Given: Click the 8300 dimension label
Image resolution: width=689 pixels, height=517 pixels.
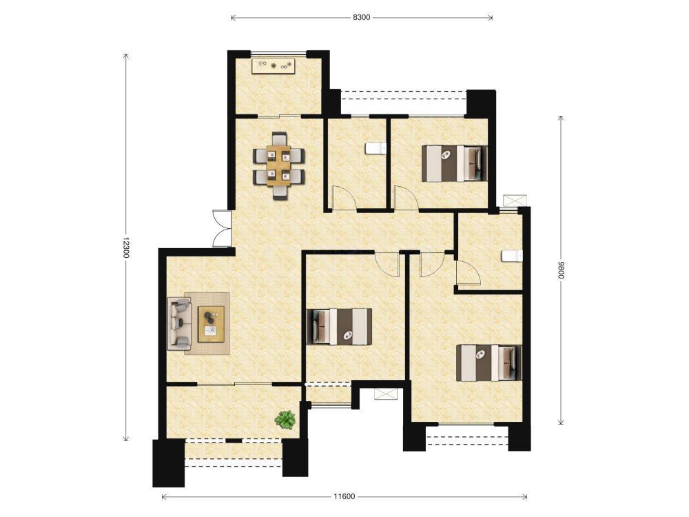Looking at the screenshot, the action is (361, 18).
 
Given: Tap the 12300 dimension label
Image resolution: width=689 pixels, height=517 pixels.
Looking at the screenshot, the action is (125, 247).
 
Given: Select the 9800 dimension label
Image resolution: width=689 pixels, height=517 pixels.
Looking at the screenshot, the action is (561, 270).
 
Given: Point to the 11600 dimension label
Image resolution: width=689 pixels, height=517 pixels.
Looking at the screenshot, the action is (344, 497).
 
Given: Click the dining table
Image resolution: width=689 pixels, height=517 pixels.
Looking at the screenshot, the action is (278, 165).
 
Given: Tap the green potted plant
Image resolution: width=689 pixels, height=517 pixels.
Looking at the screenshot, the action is (285, 420).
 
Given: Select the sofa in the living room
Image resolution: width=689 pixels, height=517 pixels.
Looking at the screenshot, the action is (179, 323).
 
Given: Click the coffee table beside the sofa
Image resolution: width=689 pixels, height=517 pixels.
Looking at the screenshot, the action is (211, 324).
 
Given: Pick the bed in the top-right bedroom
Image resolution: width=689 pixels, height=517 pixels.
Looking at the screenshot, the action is (454, 163).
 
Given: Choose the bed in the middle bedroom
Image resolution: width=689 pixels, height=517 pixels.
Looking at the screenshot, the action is (339, 326).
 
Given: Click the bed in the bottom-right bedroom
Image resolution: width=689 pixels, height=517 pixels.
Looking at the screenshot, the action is (489, 363).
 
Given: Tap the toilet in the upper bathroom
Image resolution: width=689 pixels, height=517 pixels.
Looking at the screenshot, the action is (376, 148).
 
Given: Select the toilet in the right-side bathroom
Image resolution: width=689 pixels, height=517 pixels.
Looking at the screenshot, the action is (513, 256).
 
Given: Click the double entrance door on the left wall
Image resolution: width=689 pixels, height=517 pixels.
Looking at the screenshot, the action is (222, 229).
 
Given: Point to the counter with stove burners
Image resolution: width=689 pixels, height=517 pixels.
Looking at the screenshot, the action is (274, 66).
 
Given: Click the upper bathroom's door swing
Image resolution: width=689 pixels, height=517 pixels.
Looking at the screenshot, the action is (344, 198).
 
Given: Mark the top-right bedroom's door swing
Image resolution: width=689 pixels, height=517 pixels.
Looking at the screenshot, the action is (407, 198).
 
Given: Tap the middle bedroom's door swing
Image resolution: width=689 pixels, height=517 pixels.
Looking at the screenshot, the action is (387, 265).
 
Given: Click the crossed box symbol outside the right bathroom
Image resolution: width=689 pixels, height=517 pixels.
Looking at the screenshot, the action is (515, 200).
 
